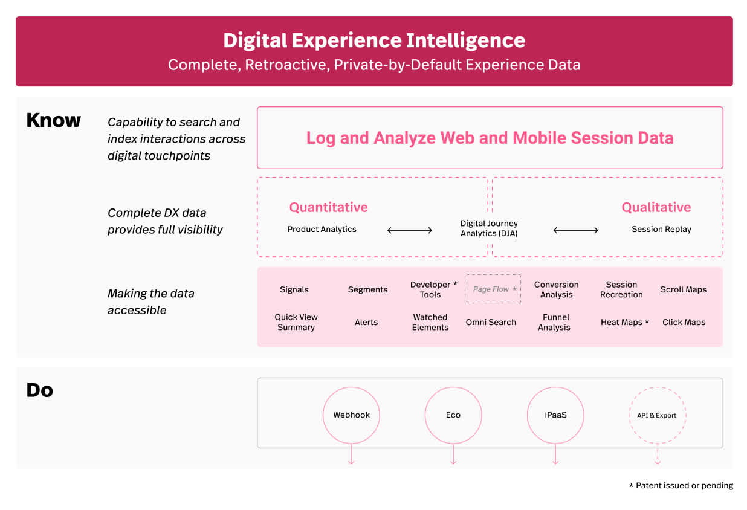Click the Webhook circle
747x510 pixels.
pyautogui.click(x=351, y=415)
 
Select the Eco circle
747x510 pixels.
pyautogui.click(x=453, y=415)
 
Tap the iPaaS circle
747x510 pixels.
pyautogui.click(x=555, y=415)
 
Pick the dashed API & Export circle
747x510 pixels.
pyautogui.click(x=657, y=415)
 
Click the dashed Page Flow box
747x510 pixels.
pyautogui.click(x=494, y=289)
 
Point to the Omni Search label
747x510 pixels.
pyautogui.click(x=491, y=322)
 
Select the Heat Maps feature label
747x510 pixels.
pyautogui.click(x=624, y=322)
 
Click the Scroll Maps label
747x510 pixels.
pyautogui.click(x=684, y=289)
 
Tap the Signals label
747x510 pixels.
pyautogui.click(x=294, y=289)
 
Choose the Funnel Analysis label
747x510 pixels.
pyautogui.click(x=554, y=322)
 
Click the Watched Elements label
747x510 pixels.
pyautogui.click(x=430, y=322)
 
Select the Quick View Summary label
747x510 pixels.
pyautogui.click(x=296, y=322)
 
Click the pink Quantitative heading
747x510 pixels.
pyautogui.click(x=328, y=207)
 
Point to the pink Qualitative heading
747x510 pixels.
pyautogui.click(x=656, y=207)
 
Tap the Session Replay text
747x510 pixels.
pyautogui.click(x=661, y=229)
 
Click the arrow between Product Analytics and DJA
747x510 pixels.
pyautogui.click(x=410, y=230)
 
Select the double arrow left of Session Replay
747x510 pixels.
pyautogui.click(x=576, y=230)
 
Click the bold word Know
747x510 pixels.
pyautogui.click(x=53, y=120)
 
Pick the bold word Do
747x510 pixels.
pyautogui.click(x=40, y=390)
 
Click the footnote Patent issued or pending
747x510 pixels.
pyautogui.click(x=681, y=485)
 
